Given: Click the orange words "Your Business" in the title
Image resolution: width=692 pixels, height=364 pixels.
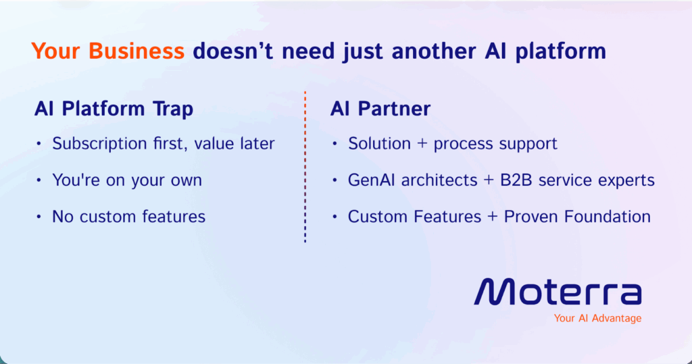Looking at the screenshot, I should pos(107,51).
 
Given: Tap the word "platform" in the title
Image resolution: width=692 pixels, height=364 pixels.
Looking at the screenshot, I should pos(566,52).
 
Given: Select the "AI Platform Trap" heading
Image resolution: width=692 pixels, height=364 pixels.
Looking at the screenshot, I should pos(114,109).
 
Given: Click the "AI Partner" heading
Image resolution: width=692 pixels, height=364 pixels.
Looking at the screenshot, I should pos(380,109).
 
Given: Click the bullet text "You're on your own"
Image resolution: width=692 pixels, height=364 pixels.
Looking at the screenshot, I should pos(127,180).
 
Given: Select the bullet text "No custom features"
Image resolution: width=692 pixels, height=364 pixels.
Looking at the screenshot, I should pos(129,217).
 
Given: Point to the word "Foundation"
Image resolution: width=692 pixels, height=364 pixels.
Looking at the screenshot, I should pos(610,217).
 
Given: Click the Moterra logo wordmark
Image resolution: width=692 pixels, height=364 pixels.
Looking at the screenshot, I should pos(558,292).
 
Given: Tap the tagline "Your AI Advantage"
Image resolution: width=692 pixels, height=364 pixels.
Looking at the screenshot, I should pos(597,318).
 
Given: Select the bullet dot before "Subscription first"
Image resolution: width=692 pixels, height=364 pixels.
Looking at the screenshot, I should pos(39,144).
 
